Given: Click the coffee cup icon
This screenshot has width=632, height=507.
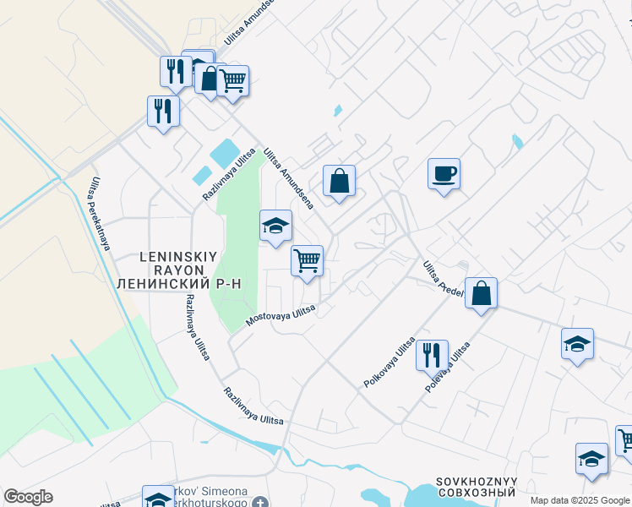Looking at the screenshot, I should [x=444, y=174].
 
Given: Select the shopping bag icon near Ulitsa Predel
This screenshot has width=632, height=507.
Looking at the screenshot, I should [x=481, y=294].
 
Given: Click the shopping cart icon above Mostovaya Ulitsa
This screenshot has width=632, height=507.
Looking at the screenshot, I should [x=307, y=260].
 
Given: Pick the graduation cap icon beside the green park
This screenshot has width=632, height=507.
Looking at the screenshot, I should [x=275, y=226].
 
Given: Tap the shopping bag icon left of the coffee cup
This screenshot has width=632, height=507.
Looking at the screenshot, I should [x=339, y=181].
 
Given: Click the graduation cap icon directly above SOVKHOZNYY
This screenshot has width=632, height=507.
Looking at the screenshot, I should [x=591, y=459].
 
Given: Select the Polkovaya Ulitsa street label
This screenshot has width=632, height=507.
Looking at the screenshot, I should [x=390, y=363].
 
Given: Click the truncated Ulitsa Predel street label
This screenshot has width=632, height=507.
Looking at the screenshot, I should [x=443, y=278].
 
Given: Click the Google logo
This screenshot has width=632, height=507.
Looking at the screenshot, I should [x=28, y=497].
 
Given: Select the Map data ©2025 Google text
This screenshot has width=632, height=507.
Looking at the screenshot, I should [x=579, y=500].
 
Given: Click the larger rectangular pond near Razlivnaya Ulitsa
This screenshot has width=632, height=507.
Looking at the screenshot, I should [x=224, y=153].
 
